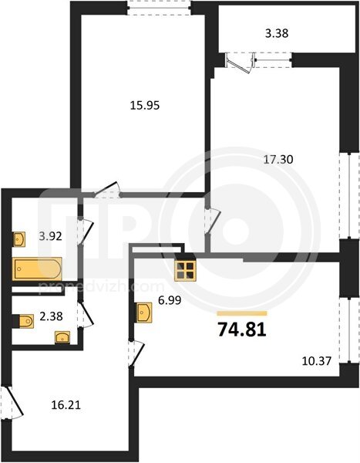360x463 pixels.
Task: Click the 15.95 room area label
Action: tap(145, 105)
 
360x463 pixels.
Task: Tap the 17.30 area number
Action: tap(278, 160)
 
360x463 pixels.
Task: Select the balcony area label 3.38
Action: tap(277, 33)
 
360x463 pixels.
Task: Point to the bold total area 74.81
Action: tap(242, 330)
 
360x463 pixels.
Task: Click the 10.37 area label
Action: tap(317, 361)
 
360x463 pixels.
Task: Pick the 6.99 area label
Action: tap(170, 301)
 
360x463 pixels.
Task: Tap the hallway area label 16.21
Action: tap(66, 405)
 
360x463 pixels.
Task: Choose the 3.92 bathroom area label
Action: tap(51, 236)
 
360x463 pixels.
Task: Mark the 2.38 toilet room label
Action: tap(51, 316)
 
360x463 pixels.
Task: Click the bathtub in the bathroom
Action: tap(37, 269)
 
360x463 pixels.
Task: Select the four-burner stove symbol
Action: tap(185, 271)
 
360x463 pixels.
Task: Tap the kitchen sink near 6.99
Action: tap(143, 312)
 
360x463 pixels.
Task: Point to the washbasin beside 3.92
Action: tap(19, 239)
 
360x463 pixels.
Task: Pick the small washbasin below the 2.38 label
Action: tap(62, 337)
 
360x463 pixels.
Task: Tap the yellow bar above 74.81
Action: tap(242, 313)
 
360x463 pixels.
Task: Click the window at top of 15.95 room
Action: tap(160, 8)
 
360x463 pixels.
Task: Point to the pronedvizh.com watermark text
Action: tap(101, 286)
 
